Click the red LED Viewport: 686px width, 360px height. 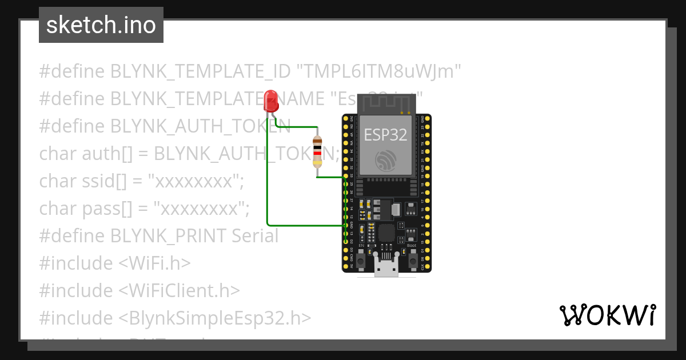click(271, 101)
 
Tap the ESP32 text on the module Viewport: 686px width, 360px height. click(386, 134)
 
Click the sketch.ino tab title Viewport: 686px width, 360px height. click(101, 25)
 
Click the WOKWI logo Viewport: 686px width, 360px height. click(607, 315)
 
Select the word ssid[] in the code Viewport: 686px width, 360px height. click(114, 181)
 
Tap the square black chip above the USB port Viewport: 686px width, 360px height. click(387, 233)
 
